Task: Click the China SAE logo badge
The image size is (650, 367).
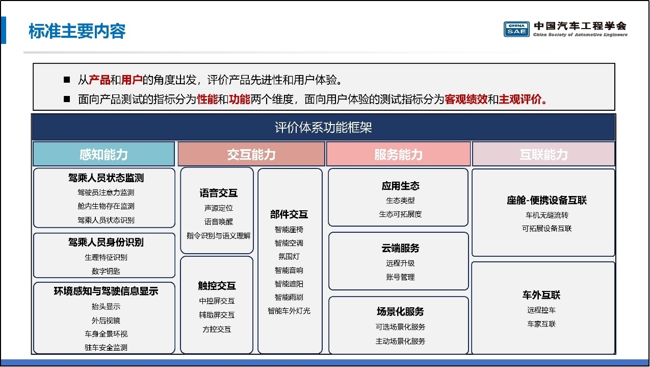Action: [x=516, y=29]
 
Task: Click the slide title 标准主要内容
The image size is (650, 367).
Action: [x=77, y=31]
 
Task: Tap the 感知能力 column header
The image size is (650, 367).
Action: [x=103, y=154]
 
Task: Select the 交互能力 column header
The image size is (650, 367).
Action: [x=251, y=154]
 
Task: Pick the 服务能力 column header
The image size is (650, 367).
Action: [x=398, y=154]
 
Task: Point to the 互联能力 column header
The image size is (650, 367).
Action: [x=543, y=154]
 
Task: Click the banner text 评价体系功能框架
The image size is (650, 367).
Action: [x=323, y=127]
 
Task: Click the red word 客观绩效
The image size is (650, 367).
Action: [x=466, y=100]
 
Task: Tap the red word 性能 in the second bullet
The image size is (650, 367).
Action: [x=207, y=100]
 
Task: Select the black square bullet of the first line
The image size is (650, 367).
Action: [x=67, y=80]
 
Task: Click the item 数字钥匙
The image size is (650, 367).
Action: [x=106, y=271]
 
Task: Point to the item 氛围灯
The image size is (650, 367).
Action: [x=289, y=257]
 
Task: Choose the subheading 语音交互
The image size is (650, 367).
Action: [x=219, y=193]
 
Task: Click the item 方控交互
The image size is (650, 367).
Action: [x=217, y=329]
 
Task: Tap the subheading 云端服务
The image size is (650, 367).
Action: [x=400, y=248]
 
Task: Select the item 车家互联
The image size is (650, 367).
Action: [x=541, y=324]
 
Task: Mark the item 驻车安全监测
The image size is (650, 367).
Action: [x=106, y=348]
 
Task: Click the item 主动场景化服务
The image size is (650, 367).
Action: [x=400, y=341]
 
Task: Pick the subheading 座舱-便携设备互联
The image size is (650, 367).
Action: [x=547, y=200]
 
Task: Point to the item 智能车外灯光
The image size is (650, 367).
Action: [x=289, y=311]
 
